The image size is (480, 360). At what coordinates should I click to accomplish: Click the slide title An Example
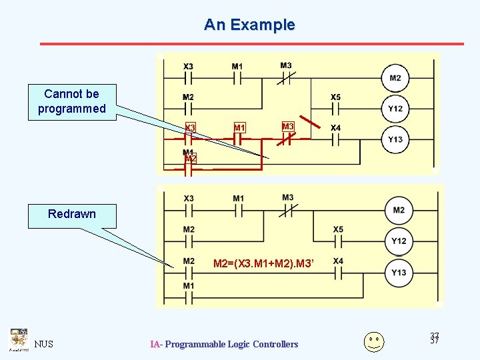tap(249, 25)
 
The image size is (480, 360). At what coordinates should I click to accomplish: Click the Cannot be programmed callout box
tap(72, 101)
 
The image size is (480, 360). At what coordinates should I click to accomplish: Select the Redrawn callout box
tap(72, 214)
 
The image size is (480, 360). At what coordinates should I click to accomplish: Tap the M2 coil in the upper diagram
tap(395, 78)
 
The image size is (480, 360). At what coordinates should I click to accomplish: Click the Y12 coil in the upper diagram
tap(395, 108)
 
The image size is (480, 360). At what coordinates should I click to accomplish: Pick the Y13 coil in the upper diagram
tap(395, 139)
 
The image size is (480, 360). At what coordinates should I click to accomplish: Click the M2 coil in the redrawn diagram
tap(398, 211)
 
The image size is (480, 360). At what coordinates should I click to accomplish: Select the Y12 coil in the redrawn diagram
tap(398, 241)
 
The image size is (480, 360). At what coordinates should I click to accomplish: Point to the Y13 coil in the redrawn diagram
tap(398, 272)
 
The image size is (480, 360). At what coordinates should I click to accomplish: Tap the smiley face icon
tap(374, 341)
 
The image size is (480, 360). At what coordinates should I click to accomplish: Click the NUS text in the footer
tap(44, 344)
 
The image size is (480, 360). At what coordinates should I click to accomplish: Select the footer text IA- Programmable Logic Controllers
tap(224, 344)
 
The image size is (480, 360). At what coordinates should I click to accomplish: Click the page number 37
tap(435, 339)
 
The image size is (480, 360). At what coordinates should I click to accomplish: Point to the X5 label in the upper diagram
tap(335, 97)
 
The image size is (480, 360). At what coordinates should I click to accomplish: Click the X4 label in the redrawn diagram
tap(338, 261)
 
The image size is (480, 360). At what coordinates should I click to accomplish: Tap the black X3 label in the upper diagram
tap(189, 67)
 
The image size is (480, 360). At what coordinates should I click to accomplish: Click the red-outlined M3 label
tap(288, 127)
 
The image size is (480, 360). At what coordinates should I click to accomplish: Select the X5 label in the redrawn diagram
tap(338, 229)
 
